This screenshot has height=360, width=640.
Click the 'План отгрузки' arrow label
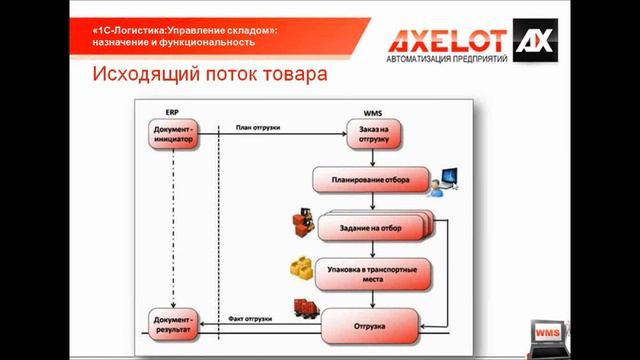tap(257, 127)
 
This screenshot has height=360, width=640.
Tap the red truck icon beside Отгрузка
tap(304, 308)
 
